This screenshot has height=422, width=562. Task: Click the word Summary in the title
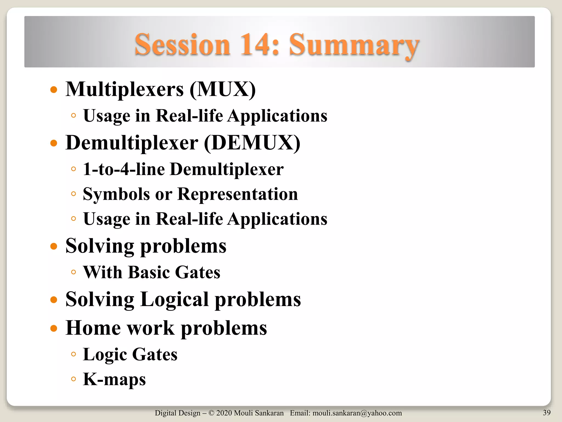pos(354,45)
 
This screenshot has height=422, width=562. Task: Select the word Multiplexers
pos(125,90)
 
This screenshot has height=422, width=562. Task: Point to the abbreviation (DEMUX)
pos(252,143)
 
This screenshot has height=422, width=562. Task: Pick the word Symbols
pos(116,194)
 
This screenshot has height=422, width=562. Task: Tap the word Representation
pos(237,194)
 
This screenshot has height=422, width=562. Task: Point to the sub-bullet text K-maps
pos(114,379)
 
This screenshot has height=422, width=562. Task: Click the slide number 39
pos(547,412)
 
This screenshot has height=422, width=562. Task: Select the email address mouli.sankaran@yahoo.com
pos(357,413)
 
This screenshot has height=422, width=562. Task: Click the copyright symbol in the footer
pos(211,413)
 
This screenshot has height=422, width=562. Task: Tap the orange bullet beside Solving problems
pos(54,246)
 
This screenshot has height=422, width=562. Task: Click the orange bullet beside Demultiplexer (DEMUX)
pos(54,143)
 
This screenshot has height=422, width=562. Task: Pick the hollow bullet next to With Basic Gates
pos(73,272)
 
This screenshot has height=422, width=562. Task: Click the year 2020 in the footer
pos(224,413)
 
